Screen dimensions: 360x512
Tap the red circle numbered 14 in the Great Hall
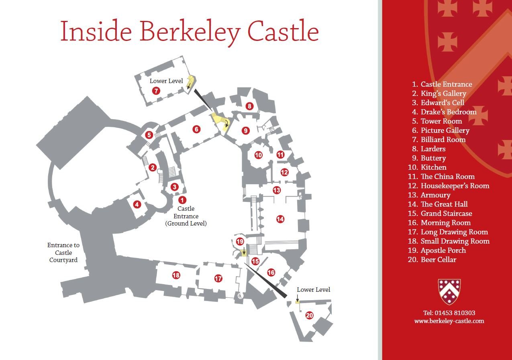pyautogui.click(x=280, y=219)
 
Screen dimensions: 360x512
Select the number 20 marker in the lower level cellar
pyautogui.click(x=309, y=315)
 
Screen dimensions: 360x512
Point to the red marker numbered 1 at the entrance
pyautogui.click(x=183, y=199)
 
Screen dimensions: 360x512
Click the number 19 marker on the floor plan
pyautogui.click(x=240, y=242)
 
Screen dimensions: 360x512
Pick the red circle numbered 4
pyautogui.click(x=137, y=204)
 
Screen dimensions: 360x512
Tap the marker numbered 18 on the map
pyautogui.click(x=176, y=275)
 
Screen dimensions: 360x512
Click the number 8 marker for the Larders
pyautogui.click(x=249, y=106)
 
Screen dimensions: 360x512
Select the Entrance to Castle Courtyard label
pyautogui.click(x=63, y=252)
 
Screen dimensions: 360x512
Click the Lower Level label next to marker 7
pyautogui.click(x=166, y=81)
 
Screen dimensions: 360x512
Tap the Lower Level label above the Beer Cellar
pyautogui.click(x=314, y=290)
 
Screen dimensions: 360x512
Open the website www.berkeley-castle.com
pyautogui.click(x=449, y=321)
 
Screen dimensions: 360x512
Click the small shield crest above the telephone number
pyautogui.click(x=449, y=292)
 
